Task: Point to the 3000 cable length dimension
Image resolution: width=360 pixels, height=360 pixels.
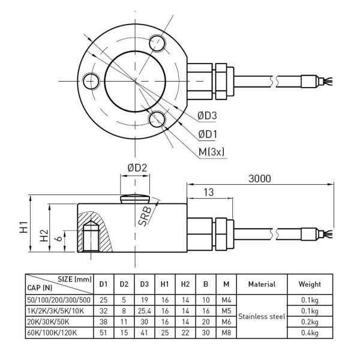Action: [x=259, y=178]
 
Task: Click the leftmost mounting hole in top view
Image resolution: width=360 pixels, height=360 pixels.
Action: [x=92, y=80]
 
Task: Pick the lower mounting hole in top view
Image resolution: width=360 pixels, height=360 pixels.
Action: [x=159, y=118]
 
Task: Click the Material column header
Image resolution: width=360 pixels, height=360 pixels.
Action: [x=261, y=284]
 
